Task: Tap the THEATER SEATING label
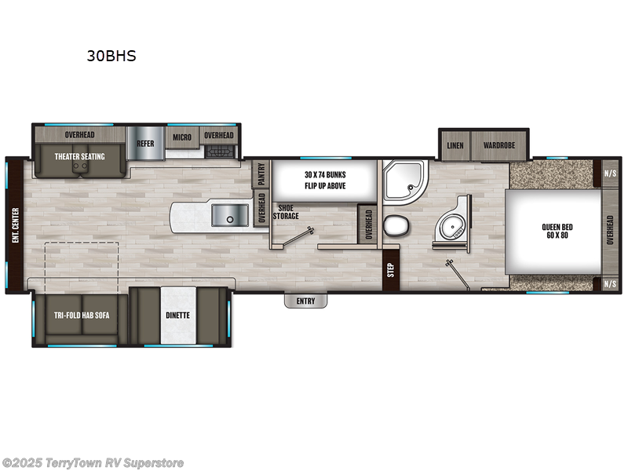[78, 156]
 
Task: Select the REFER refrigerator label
[145, 144]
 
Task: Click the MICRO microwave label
[182, 137]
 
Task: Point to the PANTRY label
[261, 173]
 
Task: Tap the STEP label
[389, 269]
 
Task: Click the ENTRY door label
[305, 301]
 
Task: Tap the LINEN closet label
[455, 146]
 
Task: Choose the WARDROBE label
[498, 146]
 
